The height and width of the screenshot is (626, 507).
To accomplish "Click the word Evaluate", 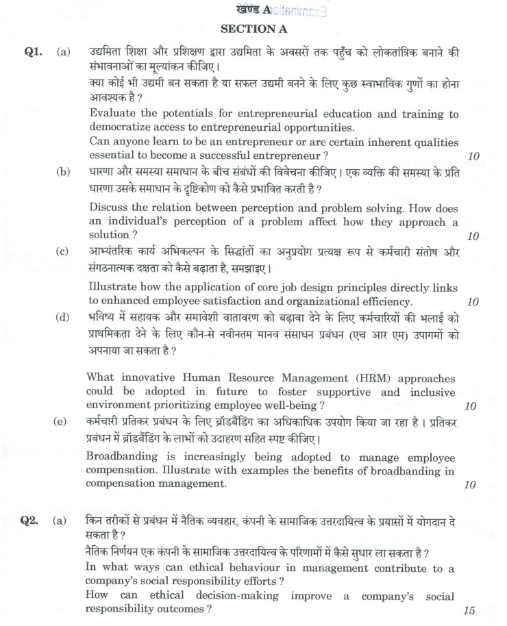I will point(114,114).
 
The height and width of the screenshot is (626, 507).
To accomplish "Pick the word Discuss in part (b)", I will point(110,208).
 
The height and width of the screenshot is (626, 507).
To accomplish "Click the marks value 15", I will point(469,611).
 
